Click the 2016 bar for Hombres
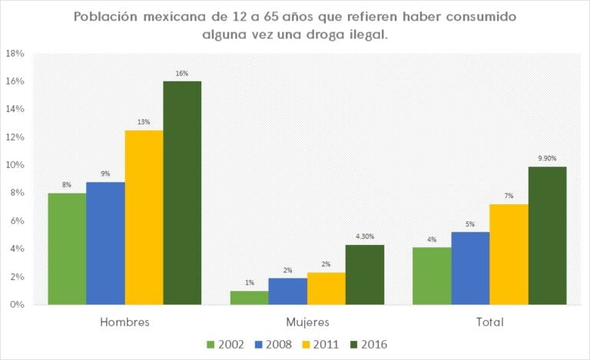182,193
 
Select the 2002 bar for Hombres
67,249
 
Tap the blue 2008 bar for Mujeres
288,291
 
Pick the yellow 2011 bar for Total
509,254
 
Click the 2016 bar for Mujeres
365,274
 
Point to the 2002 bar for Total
433,276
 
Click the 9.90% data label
548,157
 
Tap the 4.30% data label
365,236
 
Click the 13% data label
144,121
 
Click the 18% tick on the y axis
15,54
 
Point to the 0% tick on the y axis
17,305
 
